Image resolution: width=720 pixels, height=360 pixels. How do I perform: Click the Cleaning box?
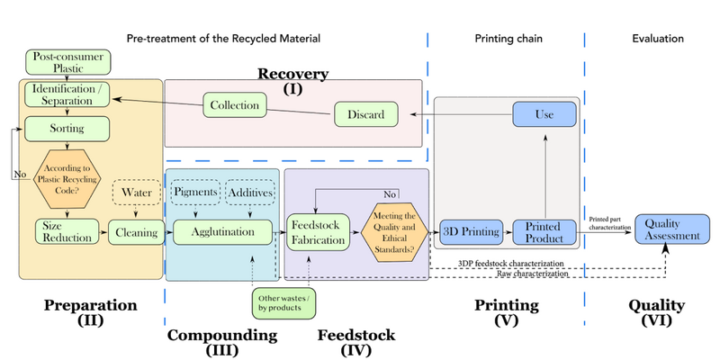tap(133, 231)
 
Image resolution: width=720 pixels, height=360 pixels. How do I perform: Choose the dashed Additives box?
tap(249, 193)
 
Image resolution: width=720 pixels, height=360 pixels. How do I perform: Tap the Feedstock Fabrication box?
tap(317, 230)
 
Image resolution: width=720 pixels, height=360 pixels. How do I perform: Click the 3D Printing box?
tap(470, 232)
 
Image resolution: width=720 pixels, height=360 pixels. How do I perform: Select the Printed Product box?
tap(544, 232)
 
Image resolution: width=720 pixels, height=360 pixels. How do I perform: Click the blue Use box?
tap(544, 114)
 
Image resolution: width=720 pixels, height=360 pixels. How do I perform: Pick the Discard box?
tap(365, 114)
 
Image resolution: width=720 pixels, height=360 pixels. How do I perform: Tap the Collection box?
tap(234, 105)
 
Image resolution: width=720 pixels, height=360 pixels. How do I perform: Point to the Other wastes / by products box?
tap(285, 301)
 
